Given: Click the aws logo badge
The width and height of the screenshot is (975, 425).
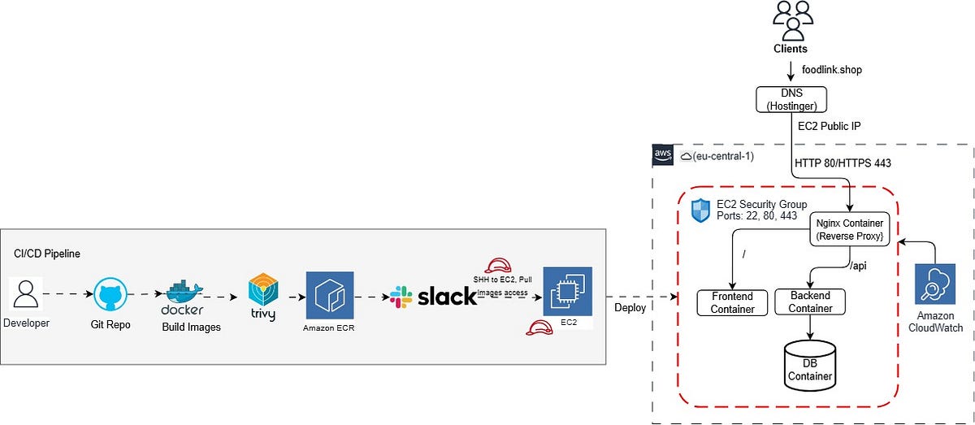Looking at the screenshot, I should [662, 154].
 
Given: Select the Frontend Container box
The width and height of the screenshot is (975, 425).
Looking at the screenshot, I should [733, 302].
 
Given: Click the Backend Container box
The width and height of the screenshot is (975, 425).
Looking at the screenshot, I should [810, 301].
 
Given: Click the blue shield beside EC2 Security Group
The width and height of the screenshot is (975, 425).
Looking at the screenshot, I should [700, 210].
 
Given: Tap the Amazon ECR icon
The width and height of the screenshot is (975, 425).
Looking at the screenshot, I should [330, 295].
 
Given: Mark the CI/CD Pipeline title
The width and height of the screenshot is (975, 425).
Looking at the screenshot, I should [48, 254].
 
